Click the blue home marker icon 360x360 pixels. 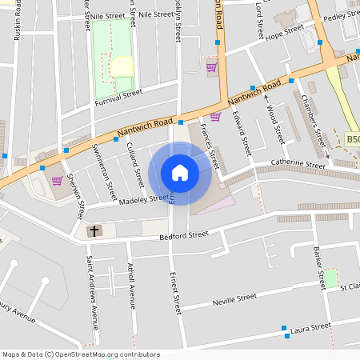coord(180,173)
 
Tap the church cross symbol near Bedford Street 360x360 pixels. coord(94,231)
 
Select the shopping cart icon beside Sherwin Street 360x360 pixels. coord(57,180)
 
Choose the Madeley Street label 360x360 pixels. coord(144,198)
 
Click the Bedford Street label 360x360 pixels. coord(183,234)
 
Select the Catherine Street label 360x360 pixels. coord(298,163)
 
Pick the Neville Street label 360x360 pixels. coord(234,298)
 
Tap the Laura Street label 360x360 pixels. coord(310,326)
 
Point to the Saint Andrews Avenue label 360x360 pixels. coord(93,292)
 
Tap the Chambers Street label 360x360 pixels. coord(310,120)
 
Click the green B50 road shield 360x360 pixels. coord(353,138)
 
